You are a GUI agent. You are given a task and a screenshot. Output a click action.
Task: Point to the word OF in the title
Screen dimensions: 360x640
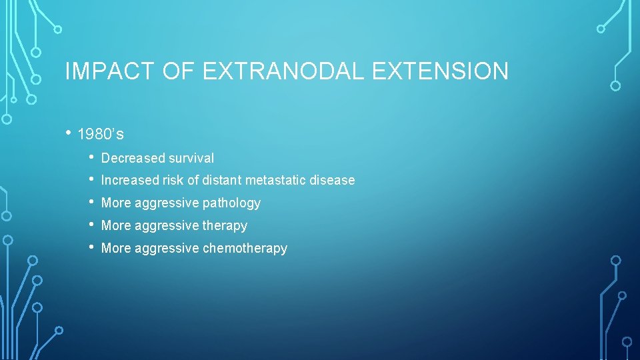coord(178,71)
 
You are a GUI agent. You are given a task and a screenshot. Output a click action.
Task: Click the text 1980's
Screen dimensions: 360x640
coord(101,135)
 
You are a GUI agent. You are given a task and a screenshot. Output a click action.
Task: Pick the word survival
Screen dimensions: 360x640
coord(191,158)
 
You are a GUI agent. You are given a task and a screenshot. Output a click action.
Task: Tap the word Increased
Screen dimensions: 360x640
coord(131,180)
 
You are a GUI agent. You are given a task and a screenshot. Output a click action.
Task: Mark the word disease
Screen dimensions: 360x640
coord(333,180)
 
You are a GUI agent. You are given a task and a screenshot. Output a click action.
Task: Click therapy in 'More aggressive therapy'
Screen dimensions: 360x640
coord(226,225)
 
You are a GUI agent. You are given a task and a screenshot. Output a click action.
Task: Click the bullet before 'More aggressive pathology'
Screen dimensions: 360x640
coord(91,202)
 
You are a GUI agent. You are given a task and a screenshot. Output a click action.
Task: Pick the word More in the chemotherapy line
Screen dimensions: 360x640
coord(116,248)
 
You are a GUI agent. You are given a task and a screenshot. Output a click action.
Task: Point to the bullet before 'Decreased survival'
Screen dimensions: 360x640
coord(91,157)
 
